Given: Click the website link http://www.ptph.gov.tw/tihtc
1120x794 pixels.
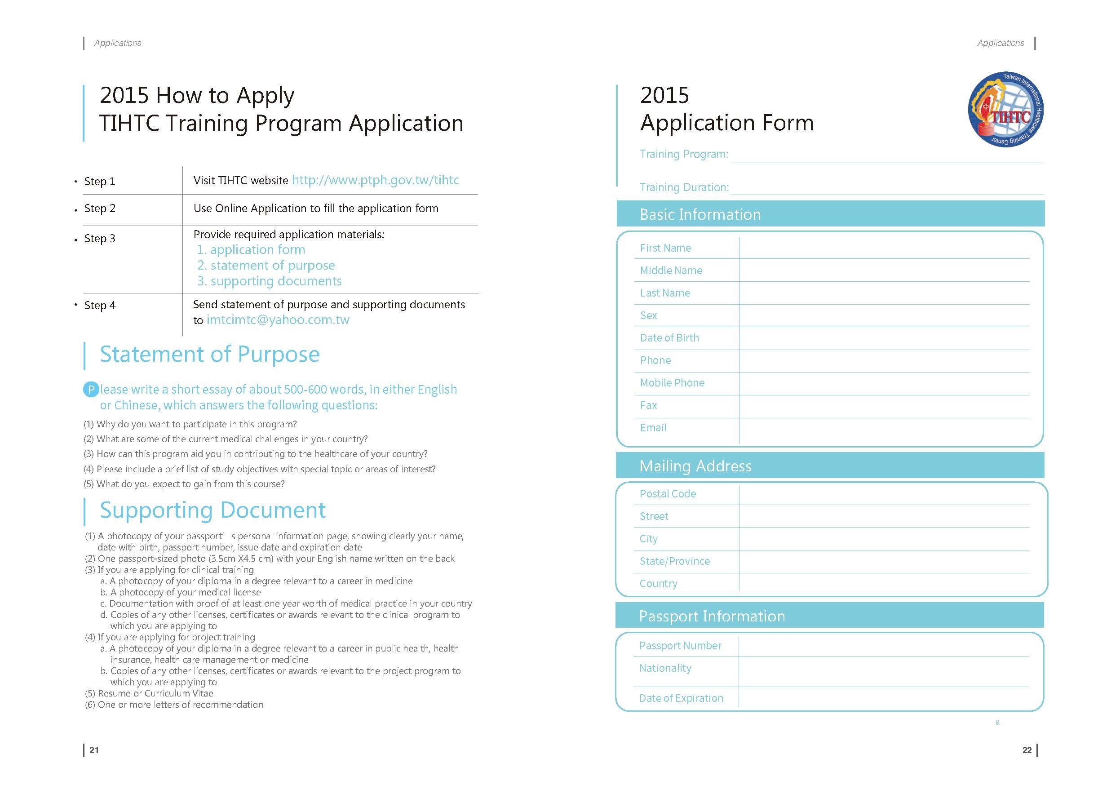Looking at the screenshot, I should [375, 180].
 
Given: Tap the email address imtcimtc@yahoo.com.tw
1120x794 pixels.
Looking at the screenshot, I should [278, 320].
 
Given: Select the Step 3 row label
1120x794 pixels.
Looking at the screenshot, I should [100, 239].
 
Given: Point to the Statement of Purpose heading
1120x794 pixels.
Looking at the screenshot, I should [210, 355].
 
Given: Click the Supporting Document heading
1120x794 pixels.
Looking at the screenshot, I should [212, 510].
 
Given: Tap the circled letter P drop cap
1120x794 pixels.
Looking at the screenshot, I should [91, 390].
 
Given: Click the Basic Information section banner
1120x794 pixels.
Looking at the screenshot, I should [830, 214].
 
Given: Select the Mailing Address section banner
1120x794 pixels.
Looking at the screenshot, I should [830, 466].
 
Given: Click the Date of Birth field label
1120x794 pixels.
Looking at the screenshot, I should [669, 338].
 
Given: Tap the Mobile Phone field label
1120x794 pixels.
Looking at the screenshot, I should [672, 383].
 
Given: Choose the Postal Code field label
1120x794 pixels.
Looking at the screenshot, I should [668, 494].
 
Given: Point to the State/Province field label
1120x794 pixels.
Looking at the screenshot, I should [675, 561].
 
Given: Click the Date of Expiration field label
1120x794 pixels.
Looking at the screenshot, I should [681, 698].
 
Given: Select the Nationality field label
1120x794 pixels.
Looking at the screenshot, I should [665, 668].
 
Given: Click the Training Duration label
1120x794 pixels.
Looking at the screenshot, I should [684, 187].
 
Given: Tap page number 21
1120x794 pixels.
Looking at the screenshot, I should [94, 750].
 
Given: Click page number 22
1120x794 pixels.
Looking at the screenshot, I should [1027, 750].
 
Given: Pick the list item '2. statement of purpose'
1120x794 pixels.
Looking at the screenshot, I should [266, 266].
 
